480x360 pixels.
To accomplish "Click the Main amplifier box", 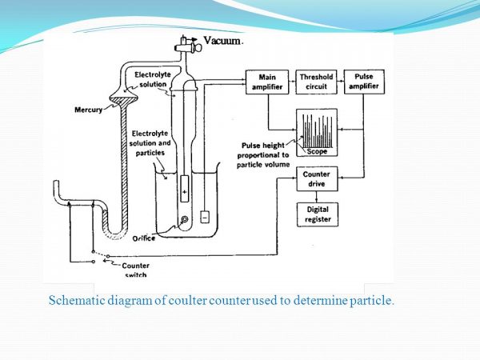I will coord(266,82).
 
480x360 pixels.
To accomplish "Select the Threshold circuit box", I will coord(315,82).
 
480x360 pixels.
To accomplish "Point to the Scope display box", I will coord(316,131).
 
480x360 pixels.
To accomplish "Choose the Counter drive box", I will coord(316,178).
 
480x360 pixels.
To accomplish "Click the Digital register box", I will coord(316,214).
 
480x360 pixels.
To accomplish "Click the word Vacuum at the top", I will coord(223,40).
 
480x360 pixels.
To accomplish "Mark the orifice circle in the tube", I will coord(186,219).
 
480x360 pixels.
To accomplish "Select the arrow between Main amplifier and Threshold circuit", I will coord(291,82).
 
